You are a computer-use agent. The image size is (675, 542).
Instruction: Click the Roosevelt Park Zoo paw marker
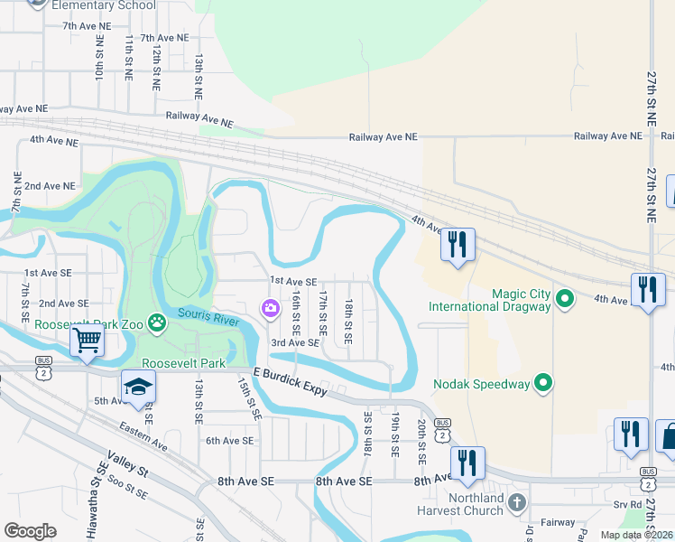coord(158,322)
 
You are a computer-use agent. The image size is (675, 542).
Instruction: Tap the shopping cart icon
coord(87,340)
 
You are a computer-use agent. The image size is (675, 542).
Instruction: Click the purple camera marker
coord(270,310)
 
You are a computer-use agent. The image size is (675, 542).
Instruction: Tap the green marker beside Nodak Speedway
coord(542,384)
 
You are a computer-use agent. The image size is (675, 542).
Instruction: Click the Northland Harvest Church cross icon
coord(516,501)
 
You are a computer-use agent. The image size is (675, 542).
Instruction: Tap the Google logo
coord(31,531)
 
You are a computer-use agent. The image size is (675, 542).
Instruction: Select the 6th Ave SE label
coord(229,441)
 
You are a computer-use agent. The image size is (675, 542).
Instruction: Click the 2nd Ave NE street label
coord(50,186)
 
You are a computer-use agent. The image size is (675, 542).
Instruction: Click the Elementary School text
coord(104,5)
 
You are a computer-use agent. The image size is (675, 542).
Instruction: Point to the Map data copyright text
coord(636,535)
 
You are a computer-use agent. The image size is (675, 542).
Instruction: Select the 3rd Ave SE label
coord(295,343)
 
